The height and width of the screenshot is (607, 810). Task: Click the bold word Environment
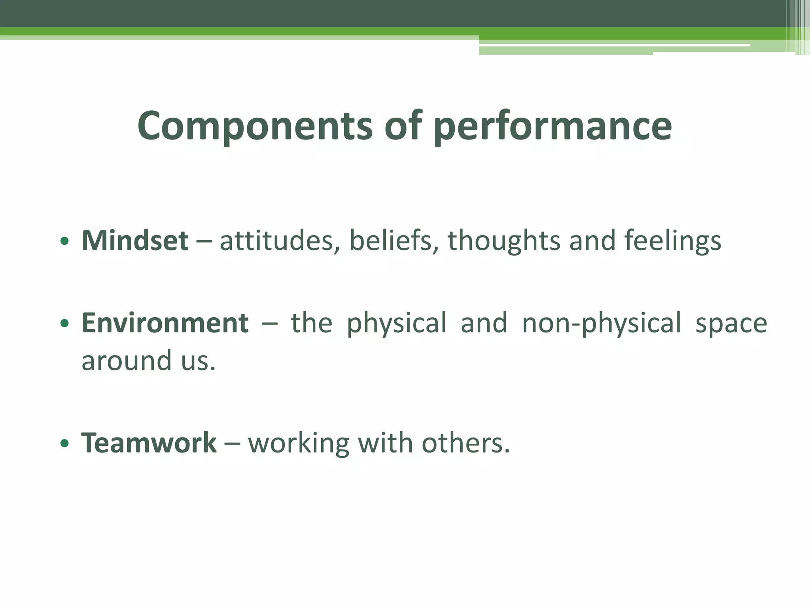[165, 323]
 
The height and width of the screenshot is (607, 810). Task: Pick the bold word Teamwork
[149, 443]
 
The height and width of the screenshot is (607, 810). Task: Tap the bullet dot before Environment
[64, 324]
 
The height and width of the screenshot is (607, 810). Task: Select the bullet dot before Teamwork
[64, 444]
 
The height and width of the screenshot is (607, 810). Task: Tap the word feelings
[672, 241]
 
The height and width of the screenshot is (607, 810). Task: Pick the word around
[127, 361]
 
